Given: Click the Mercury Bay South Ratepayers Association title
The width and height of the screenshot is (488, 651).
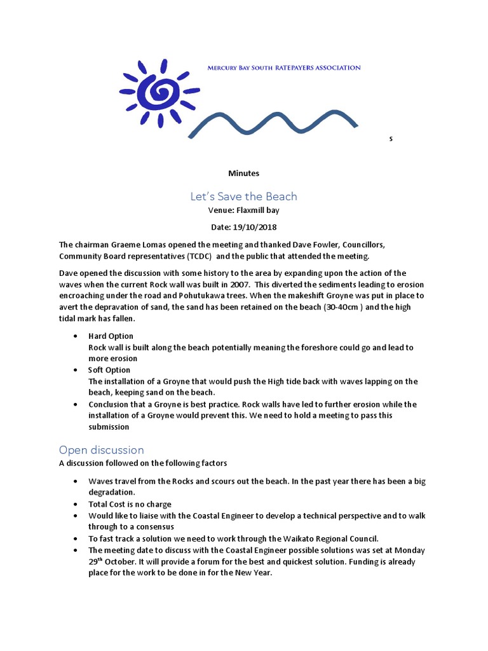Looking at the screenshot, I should [x=284, y=67].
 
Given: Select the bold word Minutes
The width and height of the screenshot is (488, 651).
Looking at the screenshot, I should [x=244, y=173].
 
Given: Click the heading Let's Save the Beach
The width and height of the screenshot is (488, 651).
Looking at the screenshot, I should [x=244, y=196].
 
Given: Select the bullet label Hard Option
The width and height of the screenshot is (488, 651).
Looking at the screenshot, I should [x=111, y=336].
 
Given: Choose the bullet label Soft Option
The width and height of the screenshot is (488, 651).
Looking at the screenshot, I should [x=110, y=370].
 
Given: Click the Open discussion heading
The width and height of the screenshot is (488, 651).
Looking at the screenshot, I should [x=102, y=449].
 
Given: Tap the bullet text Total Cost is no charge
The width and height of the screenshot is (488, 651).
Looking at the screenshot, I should [x=130, y=504].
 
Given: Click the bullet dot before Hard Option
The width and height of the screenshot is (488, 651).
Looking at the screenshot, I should [x=76, y=336].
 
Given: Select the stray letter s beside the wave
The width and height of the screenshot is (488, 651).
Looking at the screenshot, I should [x=391, y=139].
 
